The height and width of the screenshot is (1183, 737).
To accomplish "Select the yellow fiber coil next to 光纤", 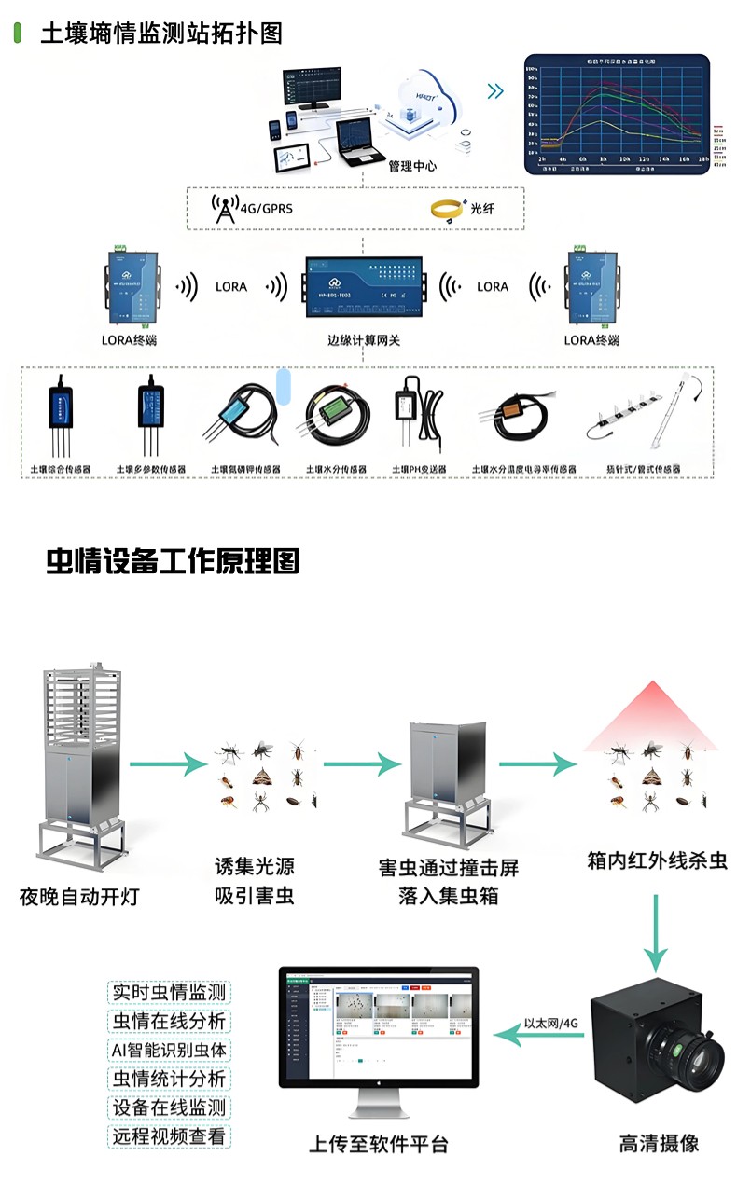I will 448,208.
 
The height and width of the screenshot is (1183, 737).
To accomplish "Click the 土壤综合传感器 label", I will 62,469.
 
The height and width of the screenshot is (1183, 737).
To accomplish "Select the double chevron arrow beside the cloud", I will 495,91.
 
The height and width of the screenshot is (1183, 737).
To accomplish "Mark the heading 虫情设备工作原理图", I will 173,561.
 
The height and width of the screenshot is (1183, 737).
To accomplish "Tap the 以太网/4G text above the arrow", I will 551,1021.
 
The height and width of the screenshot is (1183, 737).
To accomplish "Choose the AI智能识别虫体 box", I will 169,1050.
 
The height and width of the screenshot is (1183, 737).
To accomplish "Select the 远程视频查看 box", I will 169,1135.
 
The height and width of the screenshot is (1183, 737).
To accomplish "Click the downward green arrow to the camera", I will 657,932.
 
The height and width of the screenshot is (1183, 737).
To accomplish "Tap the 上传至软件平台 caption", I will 378,1144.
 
